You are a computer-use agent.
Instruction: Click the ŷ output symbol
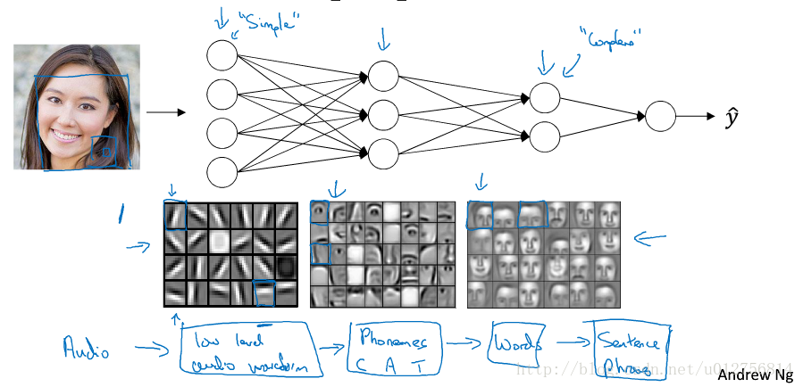tap(732, 117)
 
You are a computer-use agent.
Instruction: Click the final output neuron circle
tap(661, 117)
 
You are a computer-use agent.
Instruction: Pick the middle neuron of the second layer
tap(382, 114)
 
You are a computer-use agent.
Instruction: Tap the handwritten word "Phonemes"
tap(394, 339)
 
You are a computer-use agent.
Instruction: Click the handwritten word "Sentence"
tap(632, 342)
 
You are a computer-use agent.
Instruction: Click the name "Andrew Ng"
tap(755, 375)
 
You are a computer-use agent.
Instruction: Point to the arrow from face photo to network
tap(165, 112)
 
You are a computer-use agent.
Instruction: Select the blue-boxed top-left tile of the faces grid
tap(480, 215)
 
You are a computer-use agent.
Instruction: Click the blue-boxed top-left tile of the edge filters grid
tap(175, 216)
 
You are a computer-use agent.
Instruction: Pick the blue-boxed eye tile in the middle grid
tap(320, 211)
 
